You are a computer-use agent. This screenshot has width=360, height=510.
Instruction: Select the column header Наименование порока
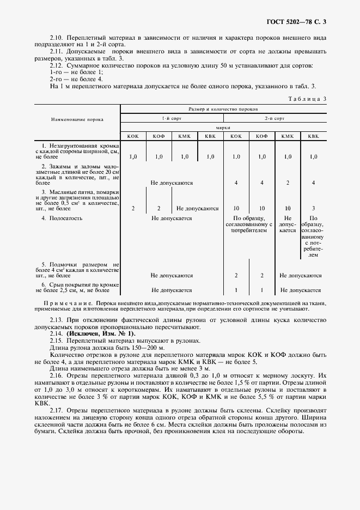click(x=77, y=119)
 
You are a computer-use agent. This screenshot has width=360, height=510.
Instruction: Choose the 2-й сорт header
click(x=274, y=118)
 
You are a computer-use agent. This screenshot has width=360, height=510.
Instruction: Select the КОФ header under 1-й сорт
click(x=158, y=136)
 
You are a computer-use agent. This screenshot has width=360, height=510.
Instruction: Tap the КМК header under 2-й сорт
click(x=288, y=136)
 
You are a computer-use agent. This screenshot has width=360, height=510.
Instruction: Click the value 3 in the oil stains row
click(x=313, y=208)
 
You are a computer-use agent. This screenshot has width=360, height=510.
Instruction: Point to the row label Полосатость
click(x=69, y=218)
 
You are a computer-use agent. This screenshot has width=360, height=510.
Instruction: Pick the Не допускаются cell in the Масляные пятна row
click(x=197, y=208)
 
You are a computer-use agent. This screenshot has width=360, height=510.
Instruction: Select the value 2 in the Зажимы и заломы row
click(x=288, y=183)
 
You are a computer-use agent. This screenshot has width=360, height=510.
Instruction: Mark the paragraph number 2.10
click(x=56, y=37)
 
